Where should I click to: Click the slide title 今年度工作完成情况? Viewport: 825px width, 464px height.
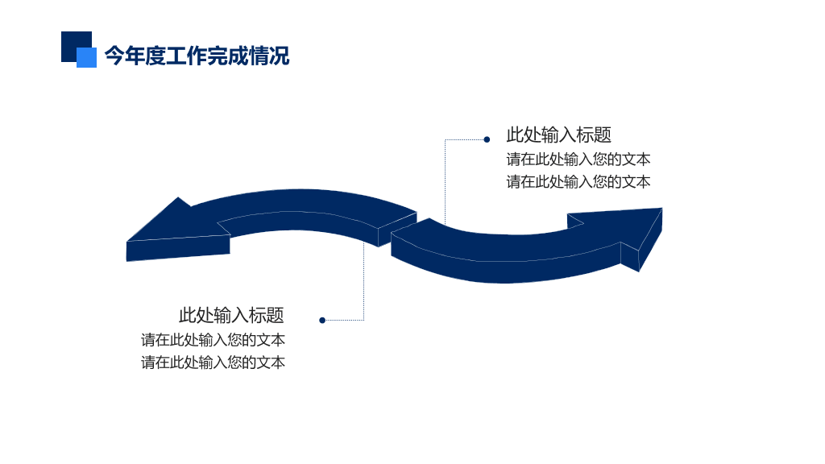(x=197, y=56)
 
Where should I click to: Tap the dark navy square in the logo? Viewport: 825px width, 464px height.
(x=73, y=41)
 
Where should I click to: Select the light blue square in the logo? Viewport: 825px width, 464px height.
(x=87, y=58)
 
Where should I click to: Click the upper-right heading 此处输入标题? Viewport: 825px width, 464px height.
(x=559, y=135)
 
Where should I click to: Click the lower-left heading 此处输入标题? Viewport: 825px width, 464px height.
(x=231, y=315)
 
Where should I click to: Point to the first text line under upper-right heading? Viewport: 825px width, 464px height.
(x=578, y=159)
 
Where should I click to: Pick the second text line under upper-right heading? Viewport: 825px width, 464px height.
(x=578, y=181)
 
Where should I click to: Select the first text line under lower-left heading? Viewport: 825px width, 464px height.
(x=213, y=340)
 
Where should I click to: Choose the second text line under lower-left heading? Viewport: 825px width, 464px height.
(x=213, y=362)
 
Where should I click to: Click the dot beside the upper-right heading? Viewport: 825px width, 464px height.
(x=487, y=139)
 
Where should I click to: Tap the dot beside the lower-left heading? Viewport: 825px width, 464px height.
(x=322, y=320)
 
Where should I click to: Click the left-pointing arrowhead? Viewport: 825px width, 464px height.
(x=174, y=231)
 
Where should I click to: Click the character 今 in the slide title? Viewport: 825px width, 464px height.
(x=114, y=56)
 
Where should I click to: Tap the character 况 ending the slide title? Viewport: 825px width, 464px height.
(x=280, y=56)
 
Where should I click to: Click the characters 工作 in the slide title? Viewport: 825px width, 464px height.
(x=186, y=56)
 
